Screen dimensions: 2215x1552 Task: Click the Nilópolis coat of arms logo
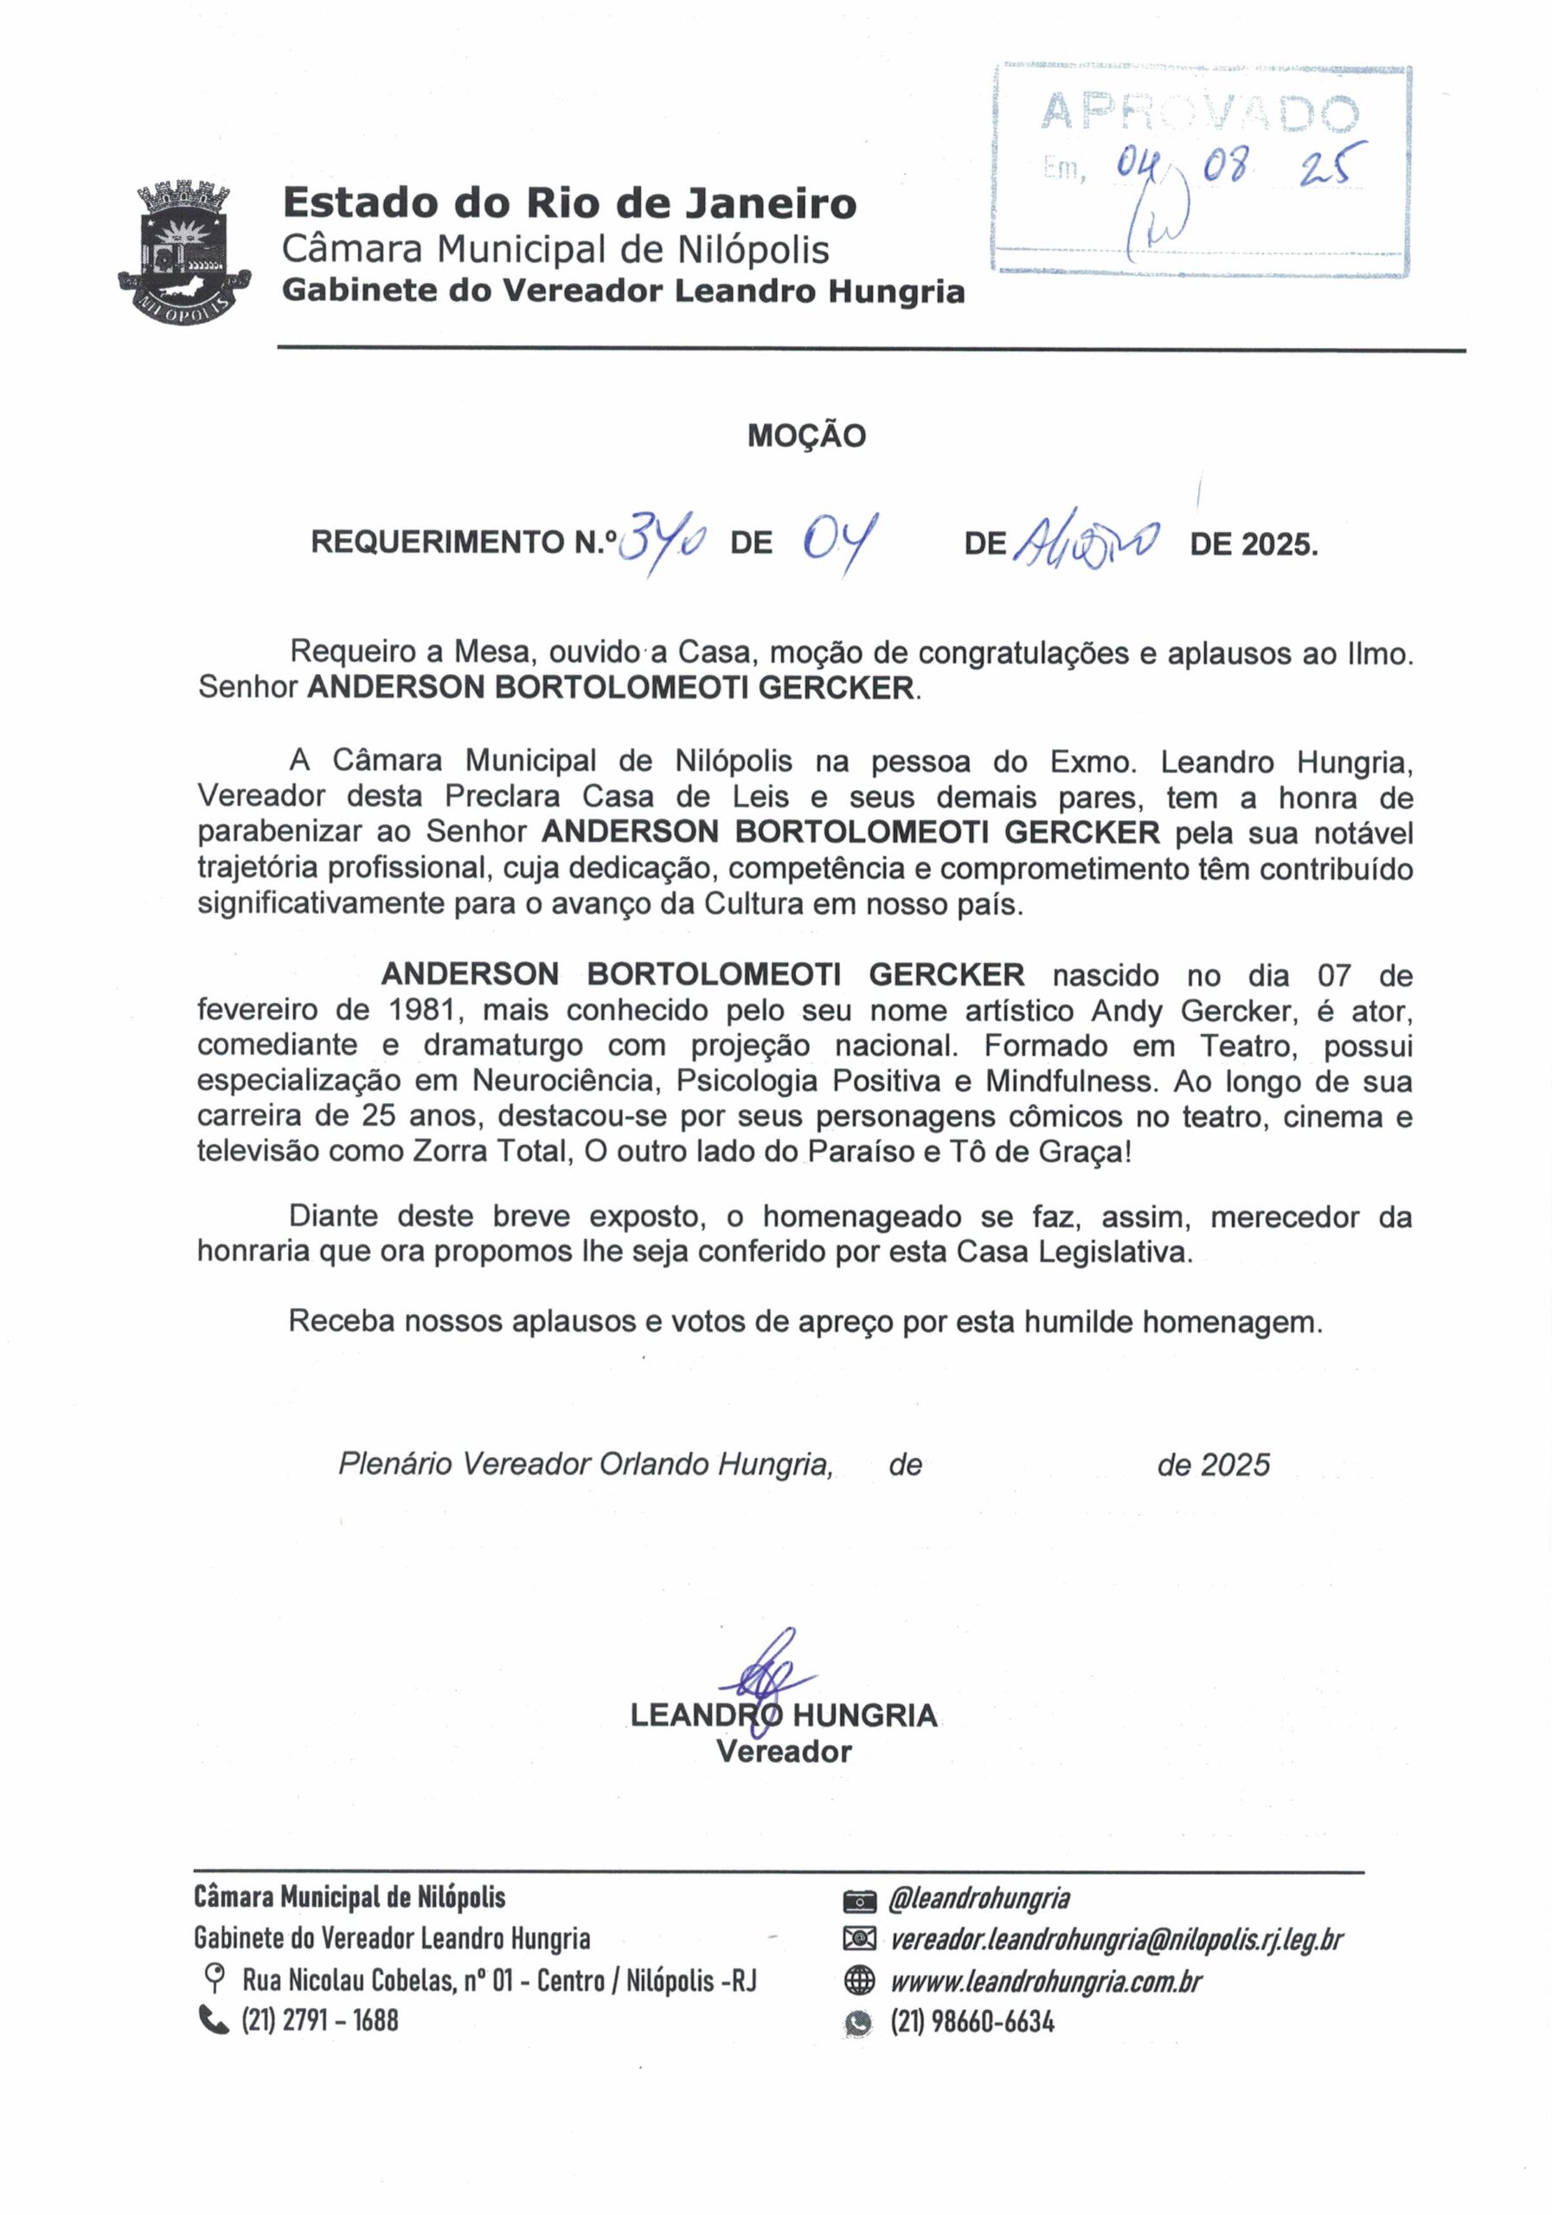click(183, 252)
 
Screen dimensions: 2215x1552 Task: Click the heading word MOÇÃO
click(806, 436)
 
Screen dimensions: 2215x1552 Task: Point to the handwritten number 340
click(662, 543)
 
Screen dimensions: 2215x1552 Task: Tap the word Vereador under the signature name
click(783, 1752)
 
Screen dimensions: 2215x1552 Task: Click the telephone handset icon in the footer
click(212, 2019)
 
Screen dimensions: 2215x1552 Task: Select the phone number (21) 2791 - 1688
click(319, 2020)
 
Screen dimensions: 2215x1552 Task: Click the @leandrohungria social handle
click(978, 1898)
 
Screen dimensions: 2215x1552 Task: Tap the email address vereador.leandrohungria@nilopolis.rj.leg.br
click(1115, 1939)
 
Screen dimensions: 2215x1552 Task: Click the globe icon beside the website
click(857, 1981)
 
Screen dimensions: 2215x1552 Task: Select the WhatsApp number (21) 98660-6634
click(972, 2021)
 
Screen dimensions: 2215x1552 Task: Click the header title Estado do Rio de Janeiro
click(569, 203)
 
